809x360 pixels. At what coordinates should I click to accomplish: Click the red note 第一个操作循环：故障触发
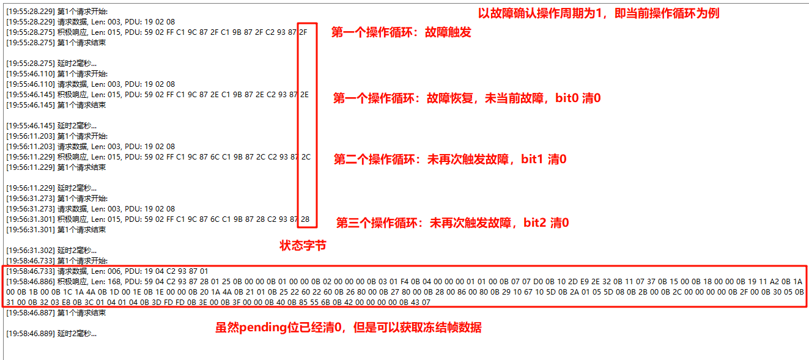pyautogui.click(x=401, y=32)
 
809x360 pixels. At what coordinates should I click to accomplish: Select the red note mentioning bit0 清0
pyautogui.click(x=467, y=98)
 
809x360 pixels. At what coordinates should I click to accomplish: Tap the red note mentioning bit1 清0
pyautogui.click(x=450, y=159)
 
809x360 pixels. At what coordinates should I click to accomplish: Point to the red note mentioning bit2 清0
pyautogui.click(x=453, y=222)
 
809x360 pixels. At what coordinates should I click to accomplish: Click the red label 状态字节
pyautogui.click(x=303, y=245)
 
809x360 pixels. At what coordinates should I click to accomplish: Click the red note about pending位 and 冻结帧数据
pyautogui.click(x=348, y=328)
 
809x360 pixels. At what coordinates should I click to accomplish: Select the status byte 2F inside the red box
pyautogui.click(x=304, y=32)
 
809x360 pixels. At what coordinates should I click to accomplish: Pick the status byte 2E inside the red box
pyautogui.click(x=304, y=95)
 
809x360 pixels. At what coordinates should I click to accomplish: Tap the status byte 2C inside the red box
pyautogui.click(x=305, y=157)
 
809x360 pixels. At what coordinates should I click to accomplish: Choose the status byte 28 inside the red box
pyautogui.click(x=305, y=219)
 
